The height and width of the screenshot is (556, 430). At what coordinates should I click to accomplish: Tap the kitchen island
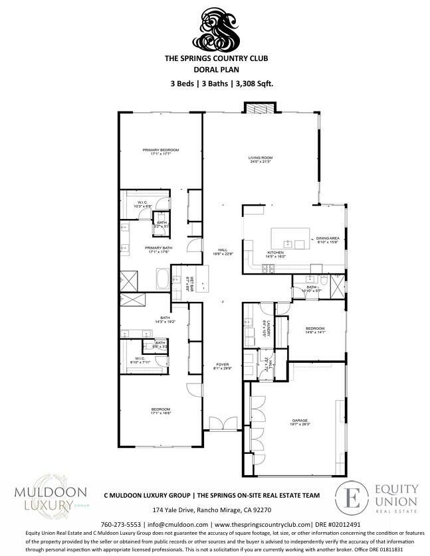pos(290,237)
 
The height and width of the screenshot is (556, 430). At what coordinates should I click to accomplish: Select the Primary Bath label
pos(159,249)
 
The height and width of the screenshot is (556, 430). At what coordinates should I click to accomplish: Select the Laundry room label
pos(264,329)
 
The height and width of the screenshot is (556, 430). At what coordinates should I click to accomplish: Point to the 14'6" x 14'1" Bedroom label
pos(314,330)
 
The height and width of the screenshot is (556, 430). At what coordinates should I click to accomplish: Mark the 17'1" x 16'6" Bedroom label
pos(160,411)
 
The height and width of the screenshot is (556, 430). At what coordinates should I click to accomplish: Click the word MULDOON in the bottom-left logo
pos(41,492)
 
